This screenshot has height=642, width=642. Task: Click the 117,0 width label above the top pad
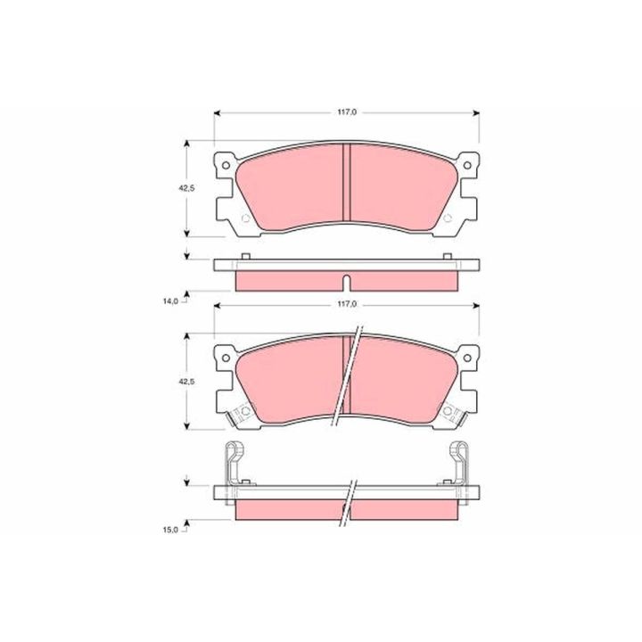click(x=347, y=112)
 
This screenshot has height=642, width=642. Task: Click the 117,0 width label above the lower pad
click(x=347, y=305)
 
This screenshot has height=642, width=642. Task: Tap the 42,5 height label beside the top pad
click(x=186, y=188)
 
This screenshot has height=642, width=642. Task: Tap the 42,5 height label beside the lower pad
click(x=186, y=381)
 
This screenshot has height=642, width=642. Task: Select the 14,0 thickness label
click(x=170, y=301)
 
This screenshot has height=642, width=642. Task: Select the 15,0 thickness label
click(x=170, y=530)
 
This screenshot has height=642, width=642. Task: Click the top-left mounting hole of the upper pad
click(x=226, y=166)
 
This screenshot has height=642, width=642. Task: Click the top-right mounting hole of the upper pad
click(x=467, y=166)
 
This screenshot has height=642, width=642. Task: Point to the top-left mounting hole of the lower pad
click(x=226, y=358)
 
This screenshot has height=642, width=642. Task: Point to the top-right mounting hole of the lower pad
click(x=467, y=358)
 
